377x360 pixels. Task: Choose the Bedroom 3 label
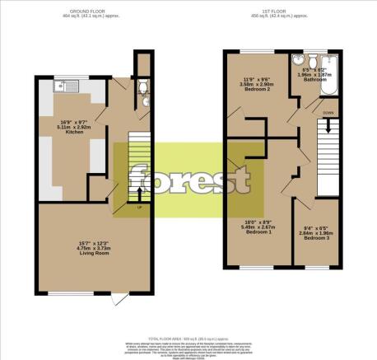[316, 237]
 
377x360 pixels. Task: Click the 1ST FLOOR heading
[276, 11]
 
